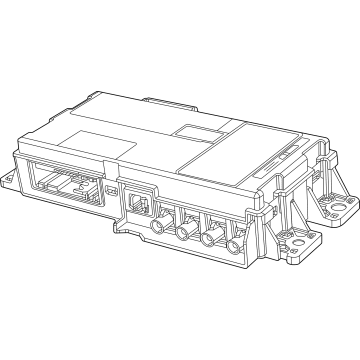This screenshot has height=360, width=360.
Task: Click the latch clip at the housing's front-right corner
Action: click(262, 215)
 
